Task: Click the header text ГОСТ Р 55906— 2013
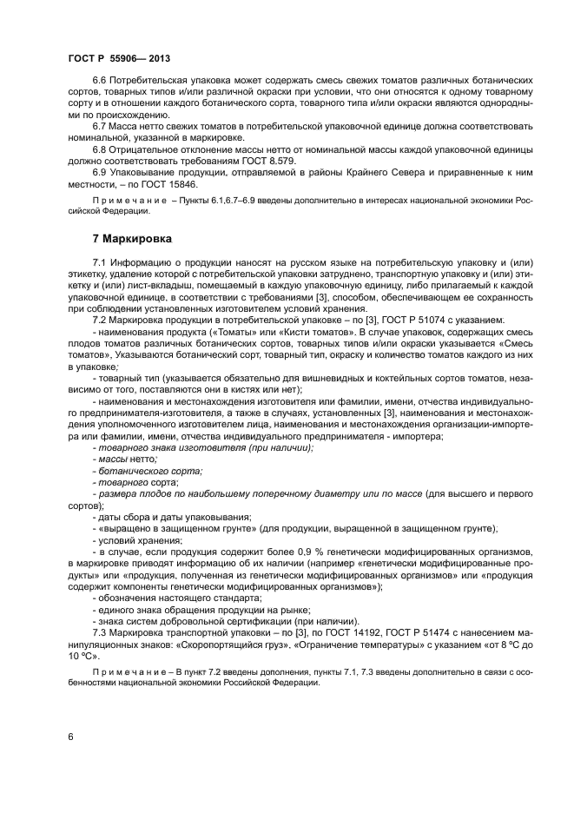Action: pos(118,58)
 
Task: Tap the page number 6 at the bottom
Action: pos(70,737)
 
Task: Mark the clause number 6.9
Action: pos(102,173)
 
